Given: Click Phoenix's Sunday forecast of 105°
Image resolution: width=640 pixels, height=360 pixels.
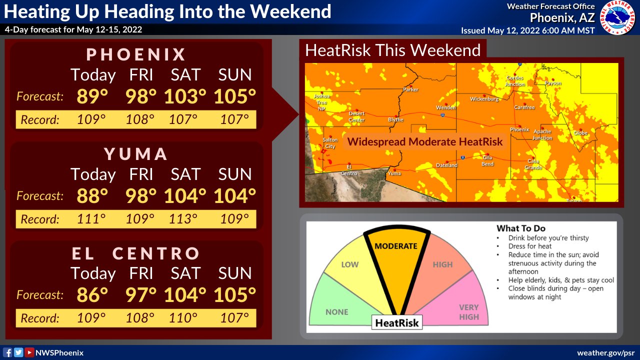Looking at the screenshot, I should point(235,96).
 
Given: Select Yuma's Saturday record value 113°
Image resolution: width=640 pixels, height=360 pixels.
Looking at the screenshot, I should point(184,219).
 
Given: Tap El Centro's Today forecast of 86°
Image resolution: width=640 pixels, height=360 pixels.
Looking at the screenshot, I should point(92,295).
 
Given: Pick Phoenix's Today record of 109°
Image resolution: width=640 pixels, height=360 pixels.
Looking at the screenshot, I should point(91,120).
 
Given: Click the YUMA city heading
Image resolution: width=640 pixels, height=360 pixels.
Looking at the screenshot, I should point(136,154).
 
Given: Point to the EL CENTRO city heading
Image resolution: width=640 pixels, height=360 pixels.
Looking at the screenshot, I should point(136,253).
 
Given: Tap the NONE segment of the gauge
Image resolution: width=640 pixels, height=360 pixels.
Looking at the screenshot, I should point(336,311).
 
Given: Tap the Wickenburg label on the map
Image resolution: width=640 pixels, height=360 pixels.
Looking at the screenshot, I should point(484,99).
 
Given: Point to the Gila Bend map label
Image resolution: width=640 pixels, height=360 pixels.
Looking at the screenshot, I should point(487,160).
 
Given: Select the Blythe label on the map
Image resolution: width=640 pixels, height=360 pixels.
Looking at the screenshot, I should point(395,120).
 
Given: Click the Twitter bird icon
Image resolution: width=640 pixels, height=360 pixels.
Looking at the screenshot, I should point(18,352).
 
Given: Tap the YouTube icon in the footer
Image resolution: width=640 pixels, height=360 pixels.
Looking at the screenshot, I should point(29,352).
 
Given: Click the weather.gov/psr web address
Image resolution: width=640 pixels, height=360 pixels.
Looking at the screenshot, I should point(606,352).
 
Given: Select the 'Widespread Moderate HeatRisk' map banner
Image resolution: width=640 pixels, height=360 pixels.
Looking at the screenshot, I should point(425,141).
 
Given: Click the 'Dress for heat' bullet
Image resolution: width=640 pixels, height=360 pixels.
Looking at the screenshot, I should point(530,246).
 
